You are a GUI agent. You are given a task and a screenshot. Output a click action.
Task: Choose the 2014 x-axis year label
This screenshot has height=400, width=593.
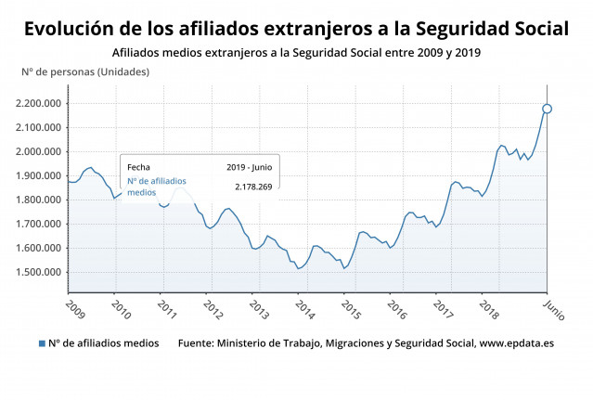[x=304, y=306]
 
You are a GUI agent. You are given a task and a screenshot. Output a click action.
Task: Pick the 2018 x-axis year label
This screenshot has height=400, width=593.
[x=488, y=306]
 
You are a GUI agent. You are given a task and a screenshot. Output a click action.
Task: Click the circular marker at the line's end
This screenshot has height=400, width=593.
[x=548, y=109]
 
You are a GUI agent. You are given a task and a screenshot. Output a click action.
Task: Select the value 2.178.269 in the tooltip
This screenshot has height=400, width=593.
[x=252, y=187]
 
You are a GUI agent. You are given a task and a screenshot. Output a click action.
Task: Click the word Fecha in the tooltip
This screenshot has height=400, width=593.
[x=138, y=167]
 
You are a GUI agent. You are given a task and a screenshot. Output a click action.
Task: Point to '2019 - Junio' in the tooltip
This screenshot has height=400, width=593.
[x=249, y=167]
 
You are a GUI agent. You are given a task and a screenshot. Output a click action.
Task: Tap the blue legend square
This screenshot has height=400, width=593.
[x=42, y=343]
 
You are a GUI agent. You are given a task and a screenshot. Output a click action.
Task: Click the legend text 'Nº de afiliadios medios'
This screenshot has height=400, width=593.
[x=103, y=343]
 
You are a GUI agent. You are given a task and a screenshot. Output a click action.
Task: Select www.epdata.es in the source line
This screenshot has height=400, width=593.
[x=516, y=343]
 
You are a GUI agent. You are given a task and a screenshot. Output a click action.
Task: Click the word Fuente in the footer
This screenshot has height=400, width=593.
[x=195, y=343]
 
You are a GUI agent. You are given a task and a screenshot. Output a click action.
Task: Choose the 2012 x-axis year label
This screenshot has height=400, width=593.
[x=213, y=306]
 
